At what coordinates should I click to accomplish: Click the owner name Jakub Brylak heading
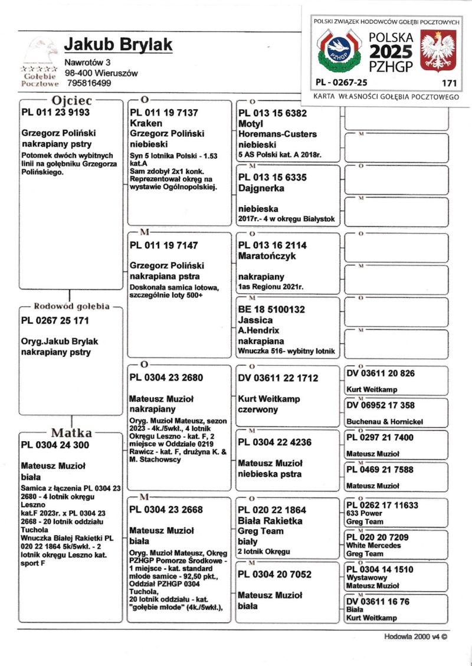point(118,45)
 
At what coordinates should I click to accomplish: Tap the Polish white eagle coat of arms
point(438,52)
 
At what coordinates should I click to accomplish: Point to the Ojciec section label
point(71,100)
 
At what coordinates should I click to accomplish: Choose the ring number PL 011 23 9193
point(55,112)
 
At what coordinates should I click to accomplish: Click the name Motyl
point(250,124)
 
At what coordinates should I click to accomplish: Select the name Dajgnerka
point(261,188)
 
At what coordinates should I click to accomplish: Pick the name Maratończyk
point(267,256)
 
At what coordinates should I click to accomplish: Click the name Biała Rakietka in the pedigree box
point(270,521)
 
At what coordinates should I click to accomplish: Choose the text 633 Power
point(364,513)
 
